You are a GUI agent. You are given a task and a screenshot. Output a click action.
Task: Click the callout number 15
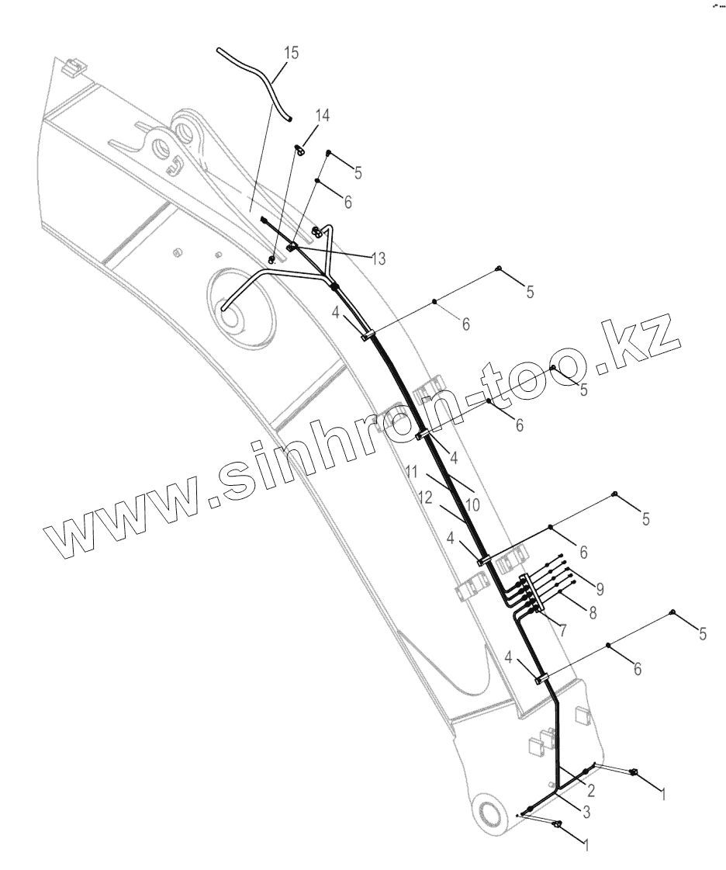pos(291,53)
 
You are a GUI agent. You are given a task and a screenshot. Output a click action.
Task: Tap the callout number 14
pos(322,116)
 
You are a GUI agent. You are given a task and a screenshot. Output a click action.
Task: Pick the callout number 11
pos(411,471)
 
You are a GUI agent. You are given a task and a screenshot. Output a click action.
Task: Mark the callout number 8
pos(592,612)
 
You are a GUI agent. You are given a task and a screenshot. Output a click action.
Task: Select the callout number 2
pos(590,791)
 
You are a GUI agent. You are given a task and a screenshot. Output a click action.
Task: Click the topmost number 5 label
pos(358,173)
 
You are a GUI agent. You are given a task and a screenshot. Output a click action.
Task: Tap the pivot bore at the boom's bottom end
pos(490,813)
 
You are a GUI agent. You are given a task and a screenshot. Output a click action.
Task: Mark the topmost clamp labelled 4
pos(367,334)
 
